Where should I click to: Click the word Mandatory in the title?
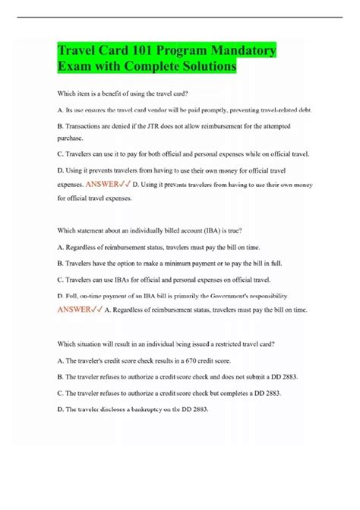point(239,51)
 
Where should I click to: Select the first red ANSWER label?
point(107,184)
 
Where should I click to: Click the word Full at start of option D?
point(74,296)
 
